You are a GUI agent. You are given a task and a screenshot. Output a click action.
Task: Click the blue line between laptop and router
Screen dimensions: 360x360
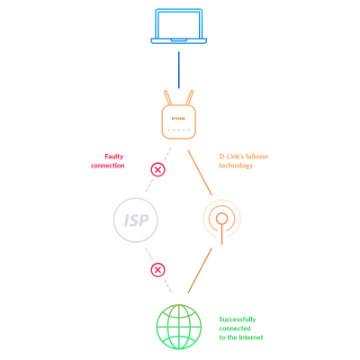point(179,70)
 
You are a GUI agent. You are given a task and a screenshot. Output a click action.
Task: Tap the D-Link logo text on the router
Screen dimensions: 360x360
point(178,118)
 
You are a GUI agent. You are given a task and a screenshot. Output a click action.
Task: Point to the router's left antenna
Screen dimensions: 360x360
point(168,98)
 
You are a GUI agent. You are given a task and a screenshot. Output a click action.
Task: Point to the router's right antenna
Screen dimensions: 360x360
point(190,98)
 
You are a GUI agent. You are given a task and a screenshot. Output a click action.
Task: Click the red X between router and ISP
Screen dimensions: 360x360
point(157,169)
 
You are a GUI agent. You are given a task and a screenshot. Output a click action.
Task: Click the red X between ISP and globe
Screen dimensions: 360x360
point(157,270)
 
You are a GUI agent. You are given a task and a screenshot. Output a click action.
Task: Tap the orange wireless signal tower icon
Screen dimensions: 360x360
point(221,220)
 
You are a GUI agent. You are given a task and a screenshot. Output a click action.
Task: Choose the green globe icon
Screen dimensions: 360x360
point(179,327)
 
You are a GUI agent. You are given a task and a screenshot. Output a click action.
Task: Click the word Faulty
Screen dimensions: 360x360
point(114,157)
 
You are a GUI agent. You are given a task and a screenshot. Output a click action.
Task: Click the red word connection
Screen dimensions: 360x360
point(107,166)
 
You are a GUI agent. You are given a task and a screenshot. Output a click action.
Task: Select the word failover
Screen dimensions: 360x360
point(256,157)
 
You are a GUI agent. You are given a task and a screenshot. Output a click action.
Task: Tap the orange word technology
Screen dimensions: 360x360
point(236,166)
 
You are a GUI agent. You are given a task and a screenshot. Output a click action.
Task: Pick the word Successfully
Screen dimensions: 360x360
point(238,319)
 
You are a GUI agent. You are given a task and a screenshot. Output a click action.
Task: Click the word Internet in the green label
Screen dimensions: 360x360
point(250,337)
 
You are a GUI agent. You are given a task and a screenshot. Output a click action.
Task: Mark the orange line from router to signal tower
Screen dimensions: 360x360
point(200,173)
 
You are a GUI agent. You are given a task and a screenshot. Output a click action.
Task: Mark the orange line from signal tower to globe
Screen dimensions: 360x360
point(200,271)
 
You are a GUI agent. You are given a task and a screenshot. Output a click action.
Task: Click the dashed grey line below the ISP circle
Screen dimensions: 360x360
point(158,270)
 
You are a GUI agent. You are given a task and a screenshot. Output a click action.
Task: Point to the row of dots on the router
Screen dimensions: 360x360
point(179,130)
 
